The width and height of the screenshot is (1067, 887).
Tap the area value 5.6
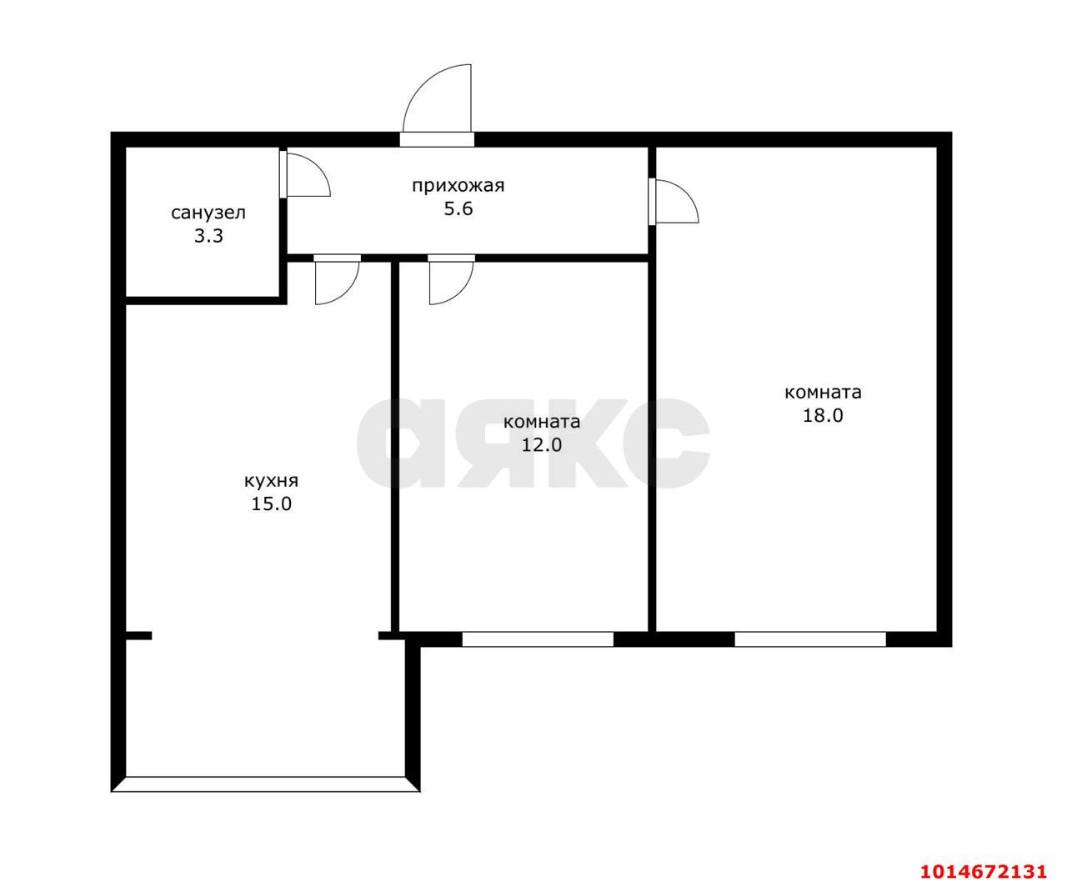pos(458,209)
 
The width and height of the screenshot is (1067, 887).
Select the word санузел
pos(208,213)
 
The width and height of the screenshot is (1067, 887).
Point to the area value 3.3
pos(208,236)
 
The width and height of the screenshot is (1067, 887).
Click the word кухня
pos(271,482)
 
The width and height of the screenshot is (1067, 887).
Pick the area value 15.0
pos(271,504)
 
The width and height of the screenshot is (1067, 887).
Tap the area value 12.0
pos(541,445)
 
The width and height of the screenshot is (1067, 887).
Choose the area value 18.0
pos(823,415)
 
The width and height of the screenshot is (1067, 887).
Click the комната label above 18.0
pos(823,393)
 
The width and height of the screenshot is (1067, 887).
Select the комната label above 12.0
pos(542,423)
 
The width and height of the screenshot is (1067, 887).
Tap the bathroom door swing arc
pos(318,166)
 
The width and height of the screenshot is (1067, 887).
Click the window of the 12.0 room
pos(538,639)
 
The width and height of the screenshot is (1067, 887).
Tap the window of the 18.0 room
pos(810,639)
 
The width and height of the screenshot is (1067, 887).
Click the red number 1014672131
pos(984,870)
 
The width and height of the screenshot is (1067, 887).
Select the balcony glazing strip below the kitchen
pos(266,784)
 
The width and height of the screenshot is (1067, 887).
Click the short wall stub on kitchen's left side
pos(138,635)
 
